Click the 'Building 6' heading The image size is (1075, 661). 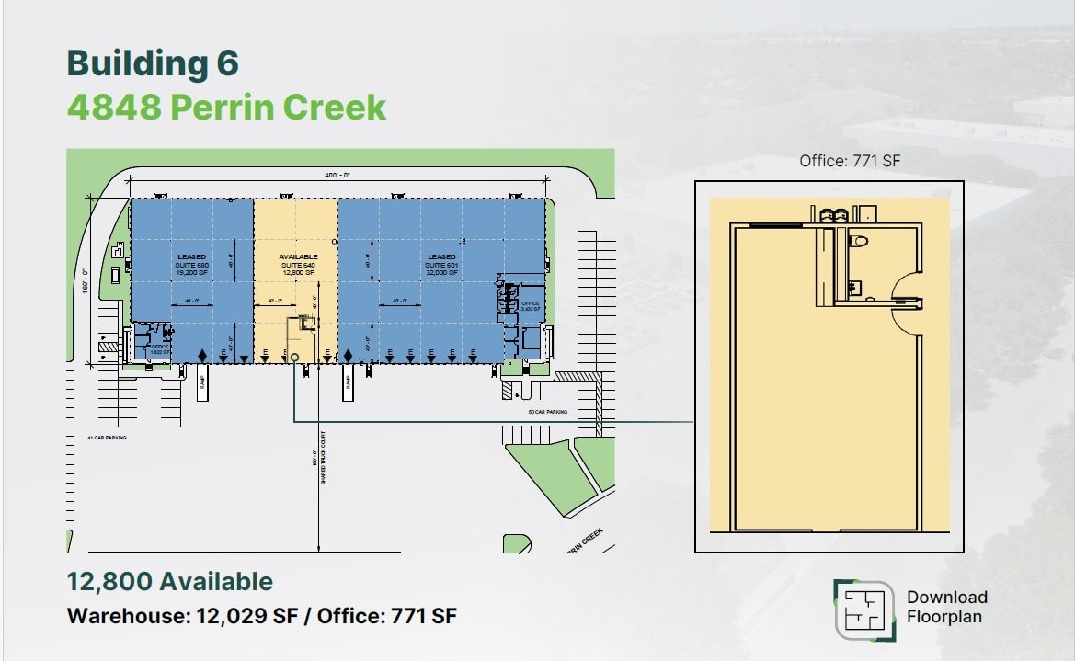[153, 63]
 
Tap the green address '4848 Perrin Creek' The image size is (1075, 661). [226, 108]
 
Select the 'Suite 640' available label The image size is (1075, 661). [298, 265]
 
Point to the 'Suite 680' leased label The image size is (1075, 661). [193, 265]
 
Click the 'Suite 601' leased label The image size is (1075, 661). [441, 265]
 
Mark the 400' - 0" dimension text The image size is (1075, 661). [337, 175]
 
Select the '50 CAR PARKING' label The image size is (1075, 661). [547, 413]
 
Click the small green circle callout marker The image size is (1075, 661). [294, 358]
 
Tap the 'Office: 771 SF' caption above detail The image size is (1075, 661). [849, 161]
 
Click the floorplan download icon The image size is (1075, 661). [864, 610]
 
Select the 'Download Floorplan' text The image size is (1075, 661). [946, 607]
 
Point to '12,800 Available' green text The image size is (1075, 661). [169, 581]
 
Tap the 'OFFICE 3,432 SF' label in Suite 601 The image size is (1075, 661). [530, 306]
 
